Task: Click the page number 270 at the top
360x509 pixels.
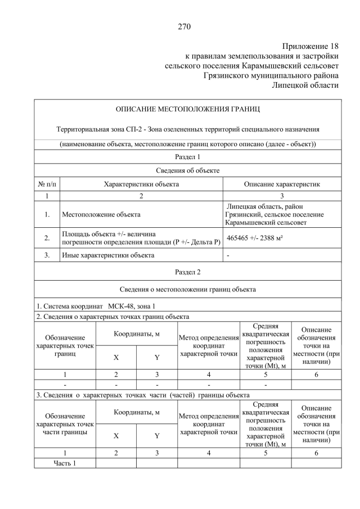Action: click(185, 26)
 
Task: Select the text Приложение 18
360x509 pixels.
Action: click(310, 46)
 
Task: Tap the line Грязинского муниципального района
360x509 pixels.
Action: click(271, 75)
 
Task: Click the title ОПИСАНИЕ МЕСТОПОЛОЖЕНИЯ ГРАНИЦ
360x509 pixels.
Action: click(188, 109)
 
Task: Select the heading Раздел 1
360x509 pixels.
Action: click(188, 157)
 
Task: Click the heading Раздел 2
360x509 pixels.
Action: click(188, 272)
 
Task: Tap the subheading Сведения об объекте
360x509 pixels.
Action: click(188, 170)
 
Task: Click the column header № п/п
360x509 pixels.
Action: click(47, 183)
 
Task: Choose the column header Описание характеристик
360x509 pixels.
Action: click(282, 183)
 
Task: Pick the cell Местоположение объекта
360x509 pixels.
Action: click(101, 214)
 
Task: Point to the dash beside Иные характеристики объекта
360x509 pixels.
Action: click(228, 256)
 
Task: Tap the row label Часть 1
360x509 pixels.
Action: click(64, 463)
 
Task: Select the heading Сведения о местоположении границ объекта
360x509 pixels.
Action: click(188, 290)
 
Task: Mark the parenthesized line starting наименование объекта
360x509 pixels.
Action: click(188, 144)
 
